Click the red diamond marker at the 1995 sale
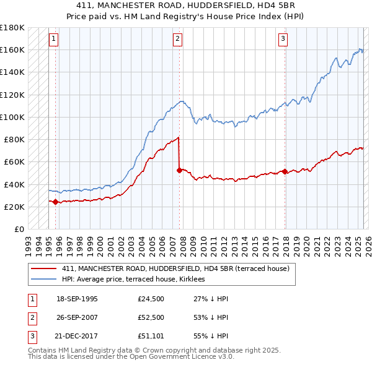56,201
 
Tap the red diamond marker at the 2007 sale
179,170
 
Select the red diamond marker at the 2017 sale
285,171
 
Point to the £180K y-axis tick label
12,27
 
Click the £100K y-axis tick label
12,117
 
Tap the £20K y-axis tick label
15,207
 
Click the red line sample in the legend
44,268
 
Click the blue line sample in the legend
44,279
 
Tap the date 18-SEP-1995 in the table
77,299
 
